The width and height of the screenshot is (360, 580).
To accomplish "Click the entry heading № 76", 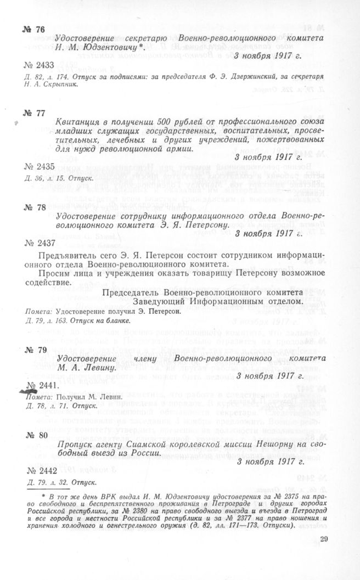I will (34, 30).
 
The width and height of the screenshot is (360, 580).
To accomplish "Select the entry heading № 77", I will (33, 113).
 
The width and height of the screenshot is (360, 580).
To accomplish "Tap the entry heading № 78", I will (33, 209).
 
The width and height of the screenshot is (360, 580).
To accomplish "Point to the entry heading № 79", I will (33, 349).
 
